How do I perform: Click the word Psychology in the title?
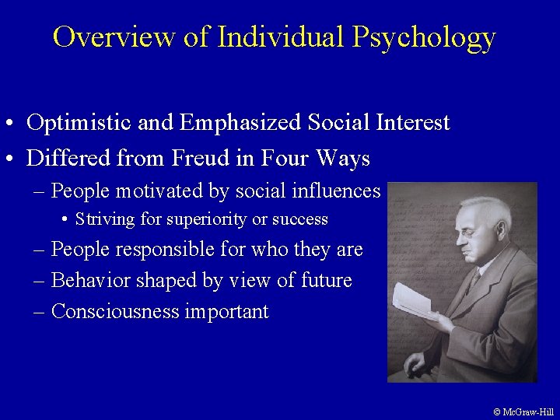(x=423, y=37)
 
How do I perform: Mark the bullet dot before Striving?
(x=65, y=220)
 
